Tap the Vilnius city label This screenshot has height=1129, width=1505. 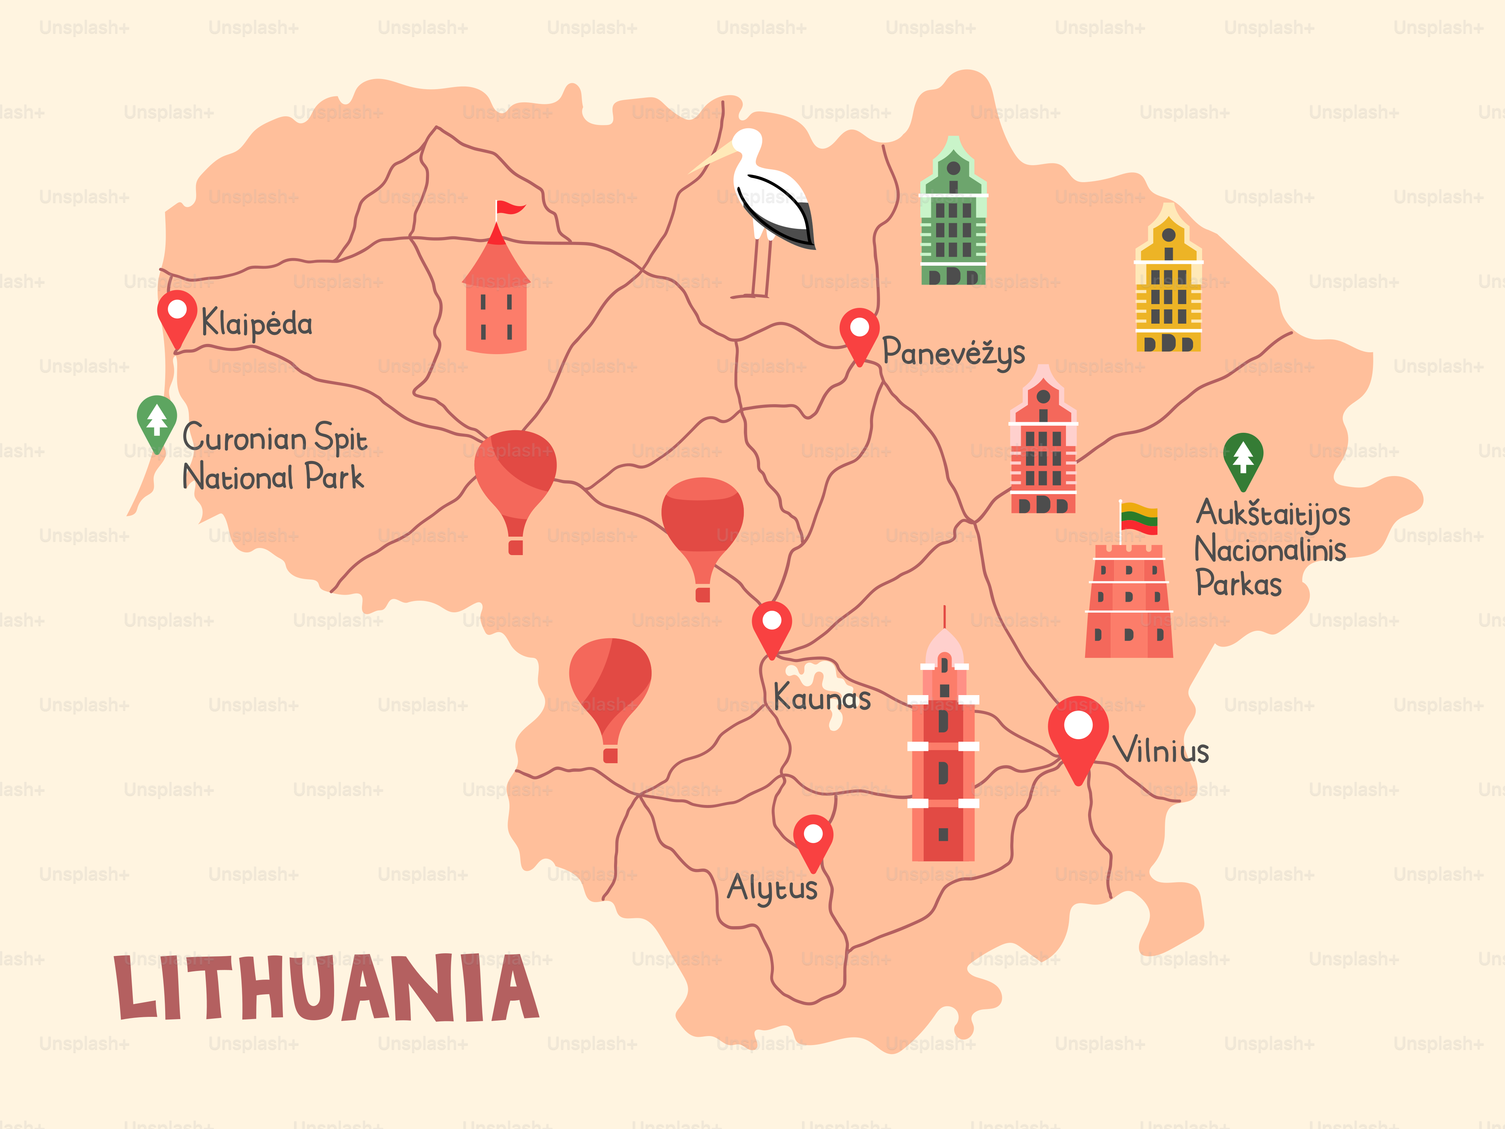(x=1161, y=751)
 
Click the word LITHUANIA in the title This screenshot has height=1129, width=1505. (x=327, y=988)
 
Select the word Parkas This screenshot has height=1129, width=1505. (x=1238, y=584)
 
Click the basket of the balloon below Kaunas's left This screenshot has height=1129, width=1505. (x=610, y=755)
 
